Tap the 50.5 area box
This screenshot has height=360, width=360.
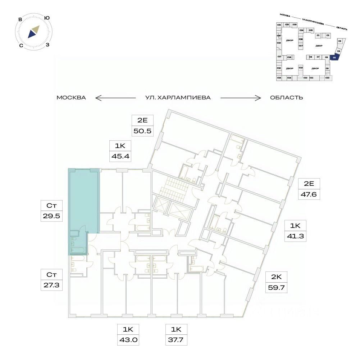143,130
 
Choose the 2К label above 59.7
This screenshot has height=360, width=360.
276,276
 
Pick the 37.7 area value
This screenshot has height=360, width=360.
176,339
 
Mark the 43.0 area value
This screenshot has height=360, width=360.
128,339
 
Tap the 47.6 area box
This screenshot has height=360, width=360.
309,195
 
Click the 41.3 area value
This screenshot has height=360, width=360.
295,236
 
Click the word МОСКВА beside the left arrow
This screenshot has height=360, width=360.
71,98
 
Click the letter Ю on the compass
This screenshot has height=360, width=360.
47,18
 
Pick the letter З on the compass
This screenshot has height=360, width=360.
47,45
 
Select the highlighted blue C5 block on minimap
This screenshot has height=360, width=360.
334,57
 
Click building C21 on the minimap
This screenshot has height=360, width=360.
279,24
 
